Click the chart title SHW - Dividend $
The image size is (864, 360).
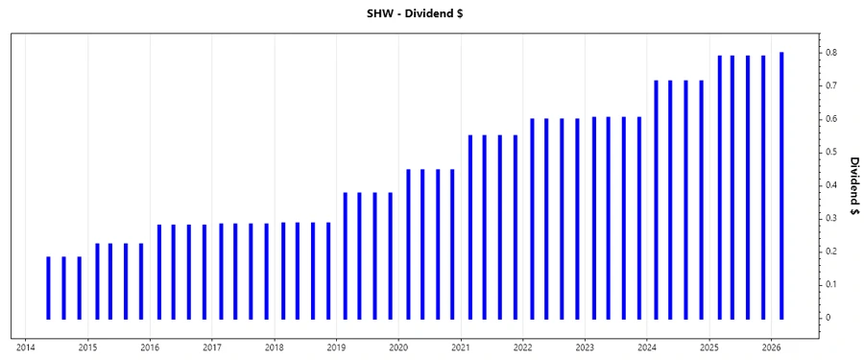[x=431, y=13]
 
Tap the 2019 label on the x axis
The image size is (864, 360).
[x=336, y=348]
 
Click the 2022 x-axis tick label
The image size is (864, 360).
[x=522, y=348]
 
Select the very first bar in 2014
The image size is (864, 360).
[x=48, y=287]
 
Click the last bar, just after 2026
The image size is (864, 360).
[x=781, y=185]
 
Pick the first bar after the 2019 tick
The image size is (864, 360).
[x=346, y=255]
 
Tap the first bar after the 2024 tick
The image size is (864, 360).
[x=657, y=199]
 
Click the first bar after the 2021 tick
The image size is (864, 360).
[x=470, y=227]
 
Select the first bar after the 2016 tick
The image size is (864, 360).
[x=159, y=272]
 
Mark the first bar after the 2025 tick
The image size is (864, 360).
[x=719, y=186]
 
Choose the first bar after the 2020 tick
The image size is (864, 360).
[x=408, y=244]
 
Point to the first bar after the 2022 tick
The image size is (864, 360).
[x=532, y=218]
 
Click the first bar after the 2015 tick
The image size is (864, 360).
[x=97, y=280]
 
